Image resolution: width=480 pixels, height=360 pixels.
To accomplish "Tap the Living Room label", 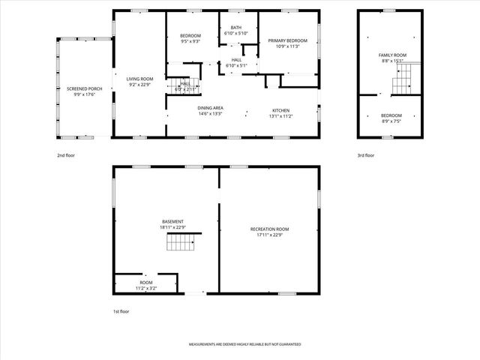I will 139,79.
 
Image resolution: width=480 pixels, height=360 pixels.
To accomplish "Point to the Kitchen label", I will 280,109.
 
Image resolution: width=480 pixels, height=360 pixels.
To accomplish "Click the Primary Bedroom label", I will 289,41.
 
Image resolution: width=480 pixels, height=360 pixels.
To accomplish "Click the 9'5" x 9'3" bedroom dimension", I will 190,41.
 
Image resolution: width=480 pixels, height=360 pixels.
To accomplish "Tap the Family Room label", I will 391,55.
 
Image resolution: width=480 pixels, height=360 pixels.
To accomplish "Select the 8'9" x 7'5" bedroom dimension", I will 391,121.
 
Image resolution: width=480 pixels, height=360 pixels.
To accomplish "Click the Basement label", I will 173,221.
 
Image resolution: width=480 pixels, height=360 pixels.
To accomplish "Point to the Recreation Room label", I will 269,229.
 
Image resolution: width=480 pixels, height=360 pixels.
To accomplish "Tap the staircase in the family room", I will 405,74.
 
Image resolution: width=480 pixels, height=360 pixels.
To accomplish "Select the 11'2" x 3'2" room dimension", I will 145,287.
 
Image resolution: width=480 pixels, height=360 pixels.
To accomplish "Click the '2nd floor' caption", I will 66,155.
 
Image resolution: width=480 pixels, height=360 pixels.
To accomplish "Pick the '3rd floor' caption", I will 366,155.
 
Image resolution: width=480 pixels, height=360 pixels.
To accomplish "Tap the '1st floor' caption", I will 121,310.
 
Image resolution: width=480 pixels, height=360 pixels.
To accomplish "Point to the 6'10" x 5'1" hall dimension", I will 236,65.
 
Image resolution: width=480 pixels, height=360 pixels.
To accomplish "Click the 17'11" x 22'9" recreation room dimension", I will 269,234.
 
